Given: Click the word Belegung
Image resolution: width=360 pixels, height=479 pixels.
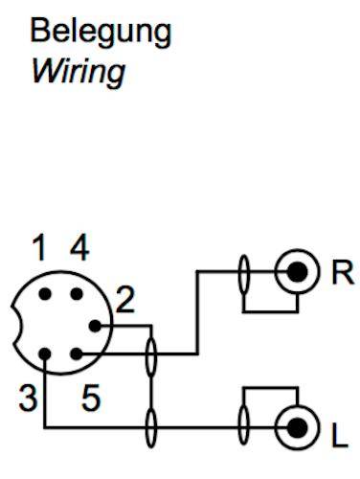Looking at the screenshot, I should [x=101, y=33].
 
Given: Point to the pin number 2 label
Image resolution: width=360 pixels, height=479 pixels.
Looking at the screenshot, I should [x=125, y=303].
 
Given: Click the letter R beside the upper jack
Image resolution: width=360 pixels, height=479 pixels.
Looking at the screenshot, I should [x=342, y=273].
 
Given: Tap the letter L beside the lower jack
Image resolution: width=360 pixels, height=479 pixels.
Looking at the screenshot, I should [x=339, y=440].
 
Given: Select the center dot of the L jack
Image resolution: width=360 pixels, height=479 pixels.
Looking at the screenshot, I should [x=301, y=424].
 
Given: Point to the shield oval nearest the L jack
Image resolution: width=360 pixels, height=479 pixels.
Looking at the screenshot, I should [x=244, y=424].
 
